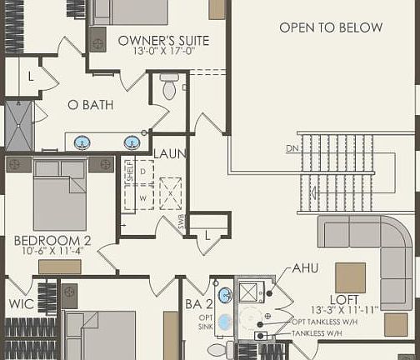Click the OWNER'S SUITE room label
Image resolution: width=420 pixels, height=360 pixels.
(x=163, y=40)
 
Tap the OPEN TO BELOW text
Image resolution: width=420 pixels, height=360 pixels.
(x=331, y=27)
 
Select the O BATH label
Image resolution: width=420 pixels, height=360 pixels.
(x=89, y=105)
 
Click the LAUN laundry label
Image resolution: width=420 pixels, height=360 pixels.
(x=170, y=154)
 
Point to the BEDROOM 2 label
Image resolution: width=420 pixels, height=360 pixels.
(x=52, y=242)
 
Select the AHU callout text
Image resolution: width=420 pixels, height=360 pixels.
(x=305, y=269)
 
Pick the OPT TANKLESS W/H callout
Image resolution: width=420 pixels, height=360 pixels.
(x=331, y=322)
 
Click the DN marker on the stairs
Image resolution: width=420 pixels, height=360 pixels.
(x=292, y=148)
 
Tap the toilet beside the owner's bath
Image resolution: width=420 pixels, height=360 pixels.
(x=169, y=86)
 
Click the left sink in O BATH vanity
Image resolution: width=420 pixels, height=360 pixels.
(x=83, y=142)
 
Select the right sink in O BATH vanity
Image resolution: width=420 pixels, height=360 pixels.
(x=131, y=142)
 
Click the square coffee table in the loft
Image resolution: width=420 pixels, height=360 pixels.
(x=350, y=277)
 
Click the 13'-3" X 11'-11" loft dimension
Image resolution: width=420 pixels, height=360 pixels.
(x=343, y=310)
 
